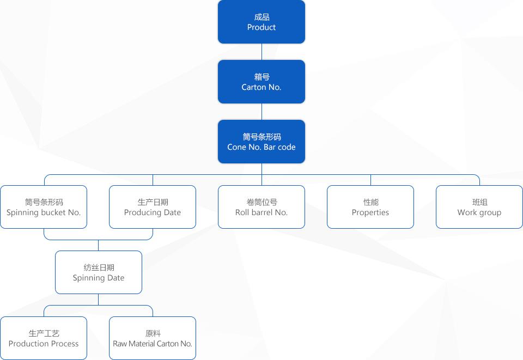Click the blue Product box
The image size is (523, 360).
point(261,22)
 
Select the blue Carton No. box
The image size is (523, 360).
point(261,82)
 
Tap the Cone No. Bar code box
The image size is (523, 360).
point(261,142)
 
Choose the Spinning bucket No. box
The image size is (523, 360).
point(44,207)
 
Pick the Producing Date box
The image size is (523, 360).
point(153,207)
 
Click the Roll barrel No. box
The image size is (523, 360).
point(261,207)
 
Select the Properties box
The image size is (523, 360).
point(370,207)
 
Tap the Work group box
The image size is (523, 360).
point(479,207)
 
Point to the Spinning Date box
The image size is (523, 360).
point(99,272)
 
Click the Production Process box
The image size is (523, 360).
point(44,338)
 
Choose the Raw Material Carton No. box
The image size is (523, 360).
point(153,338)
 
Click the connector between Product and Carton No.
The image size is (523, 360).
point(261,52)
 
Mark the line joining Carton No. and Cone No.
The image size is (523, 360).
point(261,112)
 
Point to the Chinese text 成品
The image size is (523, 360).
point(261,17)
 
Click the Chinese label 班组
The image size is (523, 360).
point(479,202)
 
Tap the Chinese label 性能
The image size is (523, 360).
point(370,202)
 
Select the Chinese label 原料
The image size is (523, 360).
point(153,333)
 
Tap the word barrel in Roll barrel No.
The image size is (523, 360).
point(262,212)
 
